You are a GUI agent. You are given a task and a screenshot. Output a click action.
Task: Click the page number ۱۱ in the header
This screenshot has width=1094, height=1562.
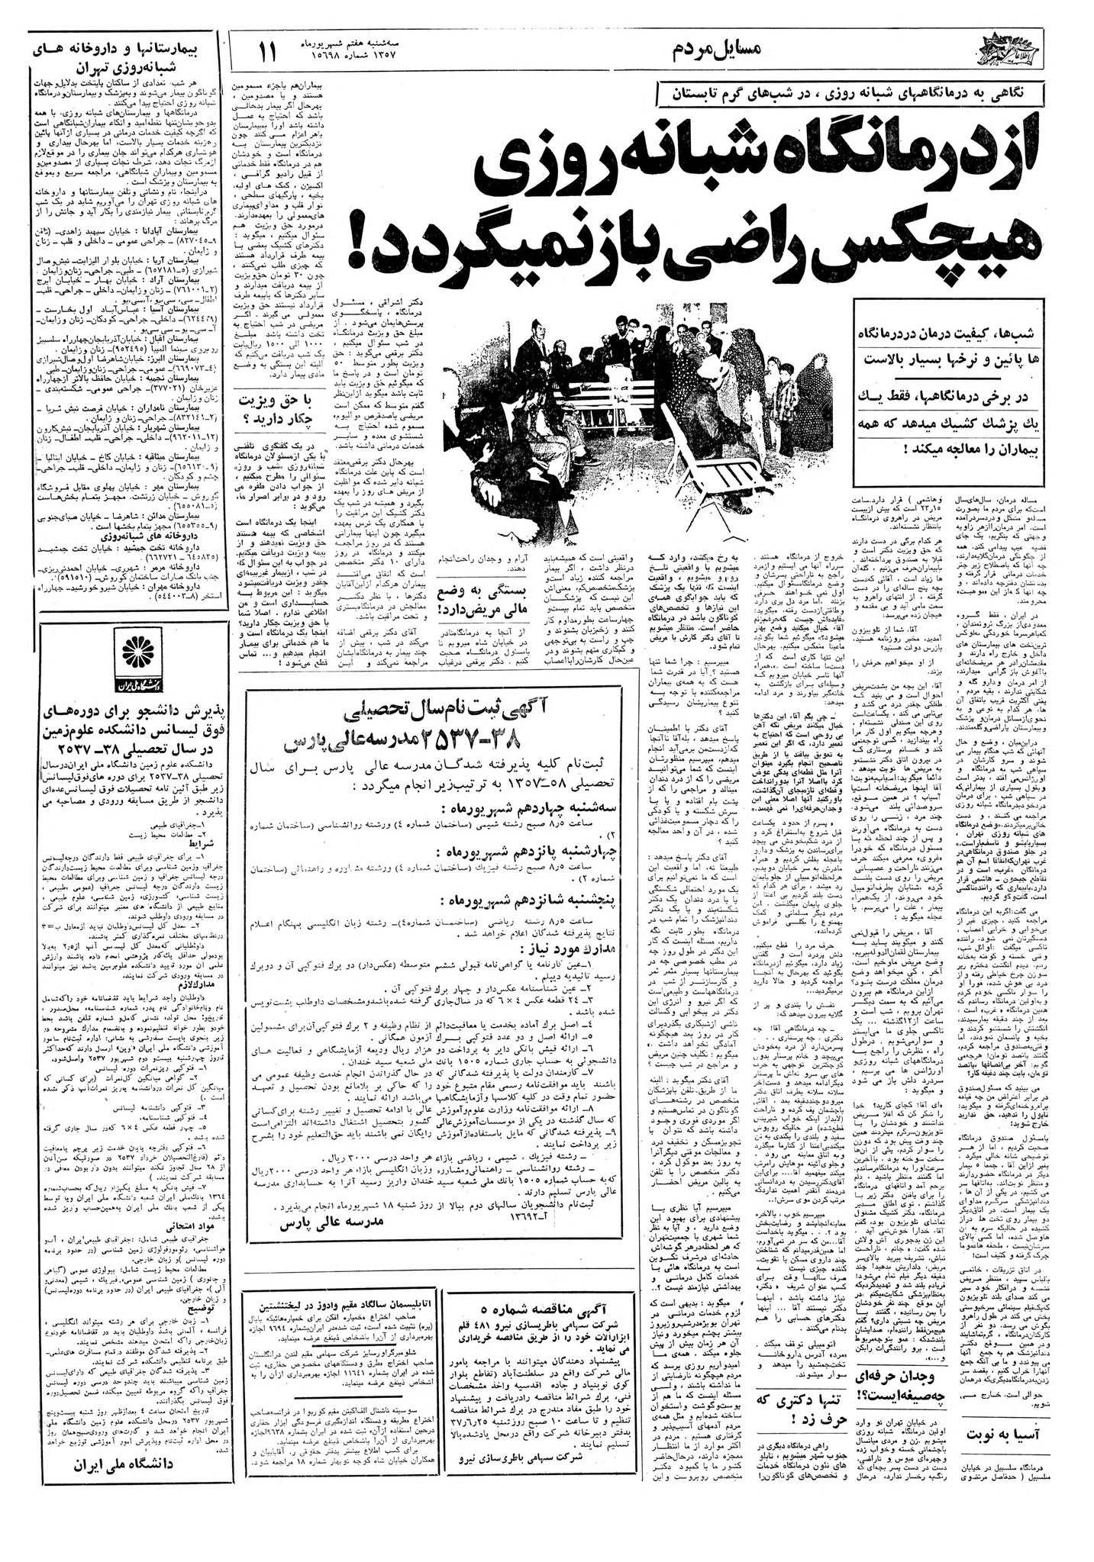[x=269, y=54]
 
